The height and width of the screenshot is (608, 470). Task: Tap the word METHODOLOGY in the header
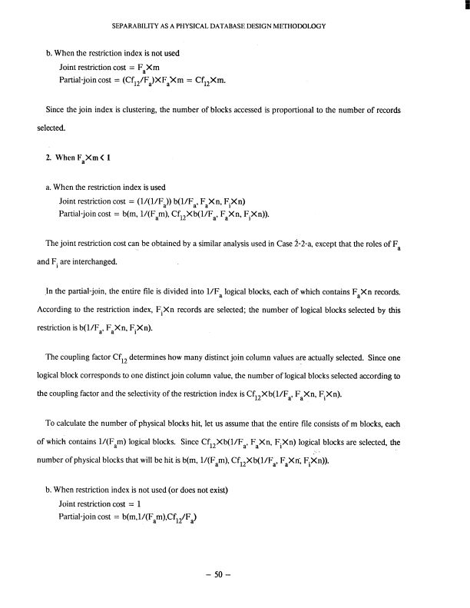(300, 26)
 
